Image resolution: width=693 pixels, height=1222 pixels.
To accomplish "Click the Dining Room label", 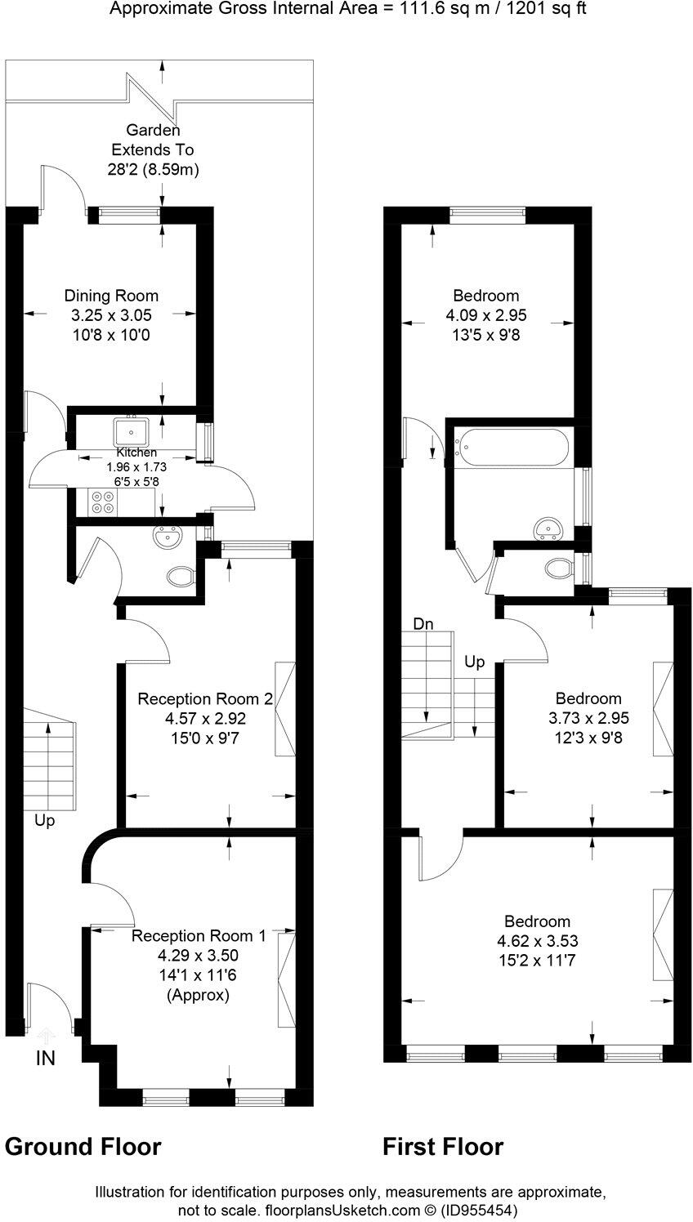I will click(111, 296).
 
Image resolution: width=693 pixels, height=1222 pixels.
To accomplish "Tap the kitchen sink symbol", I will click(130, 430).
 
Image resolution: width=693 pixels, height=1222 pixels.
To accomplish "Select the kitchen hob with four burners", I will click(103, 501).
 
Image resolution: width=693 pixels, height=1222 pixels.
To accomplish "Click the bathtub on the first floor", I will click(511, 448).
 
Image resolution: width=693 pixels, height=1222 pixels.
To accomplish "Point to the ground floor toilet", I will click(181, 578).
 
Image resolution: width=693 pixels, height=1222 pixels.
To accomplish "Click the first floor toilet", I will click(558, 567).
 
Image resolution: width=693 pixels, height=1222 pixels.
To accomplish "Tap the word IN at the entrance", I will click(45, 1059).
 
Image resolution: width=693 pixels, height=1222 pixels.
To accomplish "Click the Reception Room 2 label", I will click(204, 699).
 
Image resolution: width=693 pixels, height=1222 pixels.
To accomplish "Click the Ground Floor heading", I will click(83, 1147).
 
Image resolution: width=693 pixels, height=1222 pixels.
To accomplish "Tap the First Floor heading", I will click(443, 1147).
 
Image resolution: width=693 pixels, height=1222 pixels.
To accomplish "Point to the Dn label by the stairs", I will click(423, 624).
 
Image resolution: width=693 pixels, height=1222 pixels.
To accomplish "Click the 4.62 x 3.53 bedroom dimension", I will click(536, 941).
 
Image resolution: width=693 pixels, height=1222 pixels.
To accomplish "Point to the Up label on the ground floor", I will click(45, 821).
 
